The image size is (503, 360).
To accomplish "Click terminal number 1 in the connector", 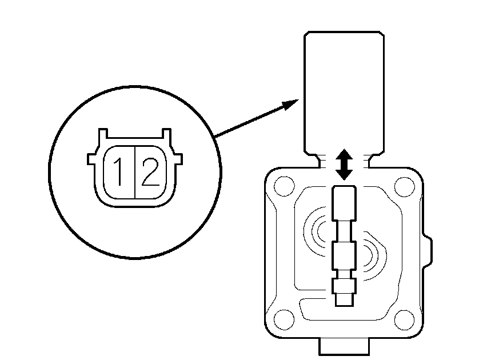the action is point(119,172).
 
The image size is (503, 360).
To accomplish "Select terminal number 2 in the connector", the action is point(150,172).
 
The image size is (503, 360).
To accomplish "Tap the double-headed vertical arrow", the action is point(344,164).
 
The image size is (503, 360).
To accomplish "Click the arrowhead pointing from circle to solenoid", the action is point(290,104).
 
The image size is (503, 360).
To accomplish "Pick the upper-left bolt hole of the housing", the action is point(284,186).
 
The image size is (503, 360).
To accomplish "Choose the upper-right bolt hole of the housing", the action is point(404,186).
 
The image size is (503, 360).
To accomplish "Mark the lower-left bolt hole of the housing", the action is point(284,319).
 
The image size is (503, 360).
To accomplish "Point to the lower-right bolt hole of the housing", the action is point(404,320).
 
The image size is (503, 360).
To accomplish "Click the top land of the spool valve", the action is point(344,203).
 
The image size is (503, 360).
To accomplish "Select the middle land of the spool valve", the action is point(344,255).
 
